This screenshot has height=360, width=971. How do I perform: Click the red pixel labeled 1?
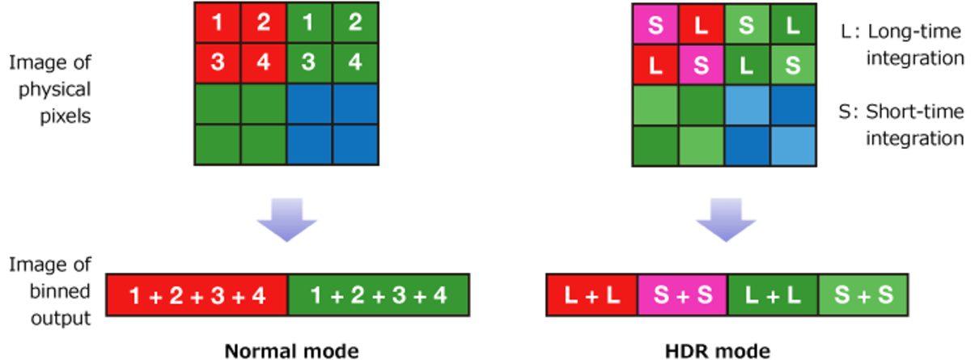coord(218,23)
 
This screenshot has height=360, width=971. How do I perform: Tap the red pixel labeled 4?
coord(265,63)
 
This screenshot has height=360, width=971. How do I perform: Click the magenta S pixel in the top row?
coord(655,25)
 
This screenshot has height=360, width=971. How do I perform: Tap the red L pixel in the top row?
coord(701,25)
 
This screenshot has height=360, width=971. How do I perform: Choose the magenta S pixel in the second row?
coord(701,65)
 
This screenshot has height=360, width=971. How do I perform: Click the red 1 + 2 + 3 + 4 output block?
coord(197,296)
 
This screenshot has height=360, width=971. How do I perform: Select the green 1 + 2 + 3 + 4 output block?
coord(379,296)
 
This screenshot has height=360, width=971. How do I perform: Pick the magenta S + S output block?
coord(683,295)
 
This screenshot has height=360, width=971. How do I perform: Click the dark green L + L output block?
coord(773,295)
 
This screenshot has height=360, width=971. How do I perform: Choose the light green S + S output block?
coord(863,295)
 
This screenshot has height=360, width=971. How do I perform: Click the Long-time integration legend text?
coord(903,44)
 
